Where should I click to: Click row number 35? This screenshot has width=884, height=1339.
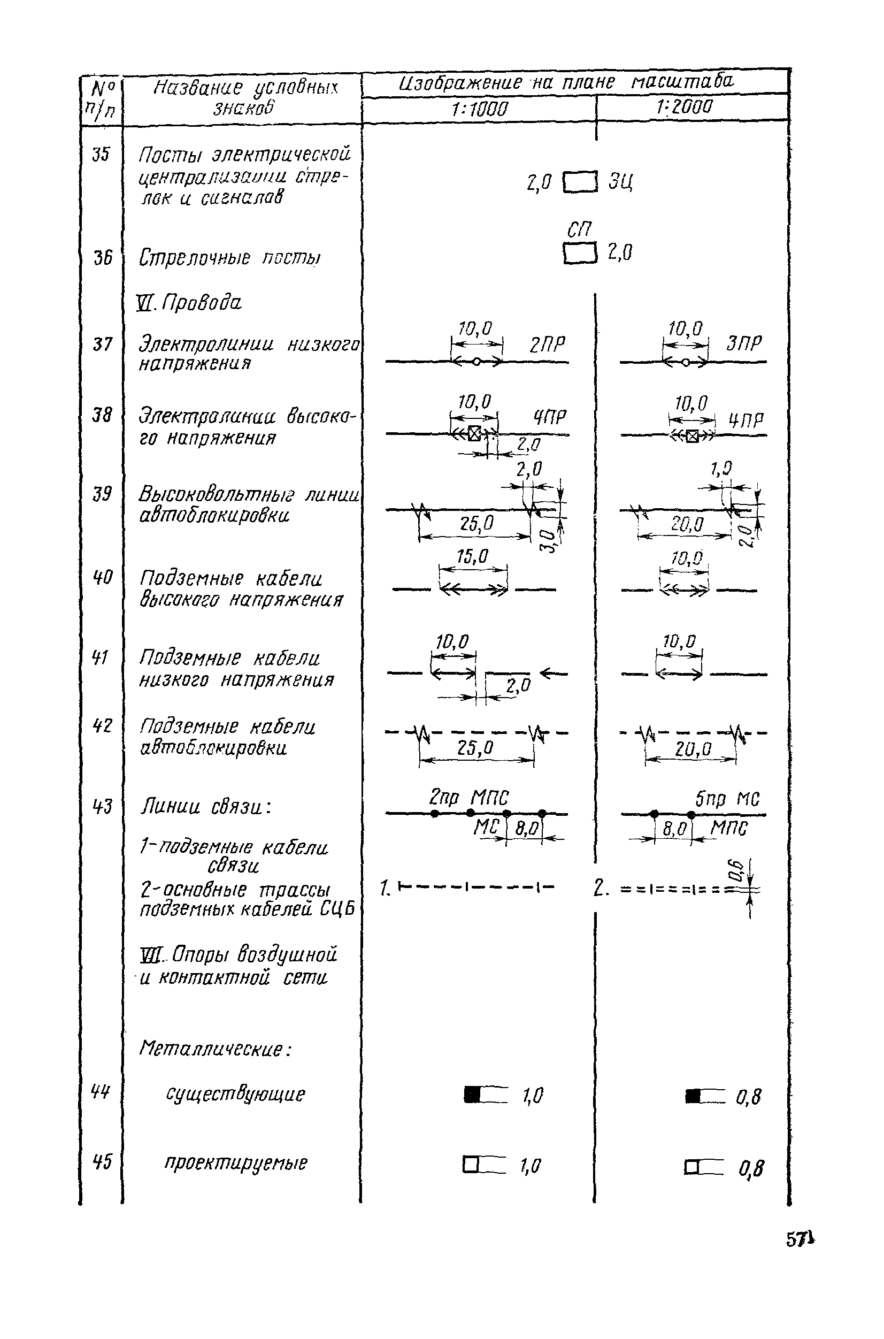(x=101, y=154)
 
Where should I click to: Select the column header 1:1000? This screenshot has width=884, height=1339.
(x=479, y=109)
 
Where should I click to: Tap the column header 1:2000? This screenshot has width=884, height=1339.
(x=685, y=107)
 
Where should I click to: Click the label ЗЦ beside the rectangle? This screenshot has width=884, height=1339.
(x=620, y=182)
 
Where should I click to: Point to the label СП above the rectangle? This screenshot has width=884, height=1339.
(x=579, y=229)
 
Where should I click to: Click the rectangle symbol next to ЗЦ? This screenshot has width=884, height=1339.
(x=580, y=182)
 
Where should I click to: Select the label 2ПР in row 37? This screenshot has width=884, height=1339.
(x=547, y=345)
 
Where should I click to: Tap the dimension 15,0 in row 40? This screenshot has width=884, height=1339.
(x=472, y=557)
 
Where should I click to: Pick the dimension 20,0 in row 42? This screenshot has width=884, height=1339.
(x=693, y=749)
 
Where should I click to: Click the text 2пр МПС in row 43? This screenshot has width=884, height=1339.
(x=468, y=798)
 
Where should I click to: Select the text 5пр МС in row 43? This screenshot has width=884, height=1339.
(x=727, y=799)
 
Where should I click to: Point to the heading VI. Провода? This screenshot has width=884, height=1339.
(x=189, y=303)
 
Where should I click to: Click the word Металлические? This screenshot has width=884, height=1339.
(x=215, y=1049)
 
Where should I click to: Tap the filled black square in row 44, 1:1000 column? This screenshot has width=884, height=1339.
(x=472, y=1095)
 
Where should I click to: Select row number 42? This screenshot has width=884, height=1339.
(x=102, y=725)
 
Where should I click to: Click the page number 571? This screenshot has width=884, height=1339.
(x=800, y=1240)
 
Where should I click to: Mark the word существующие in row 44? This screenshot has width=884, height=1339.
(x=235, y=1095)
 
